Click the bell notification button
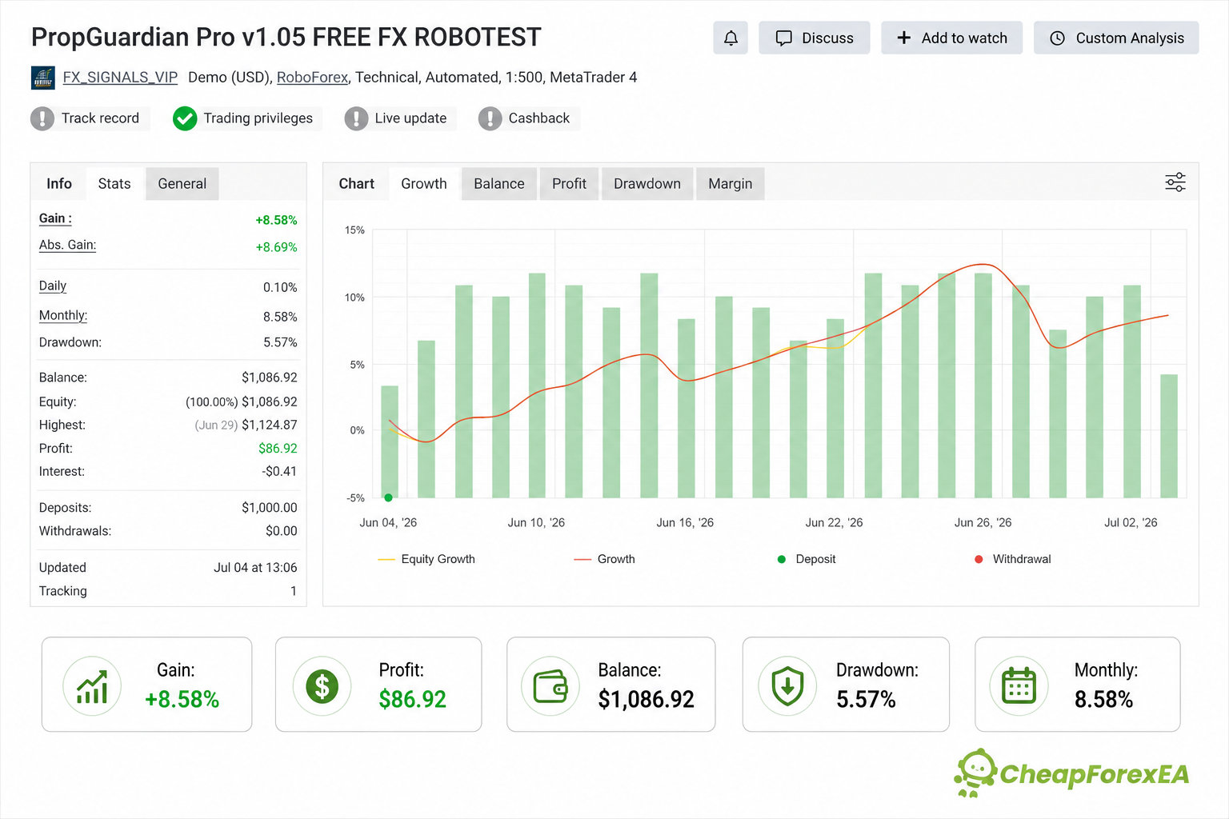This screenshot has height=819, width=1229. click(731, 38)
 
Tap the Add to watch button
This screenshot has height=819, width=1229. click(952, 38)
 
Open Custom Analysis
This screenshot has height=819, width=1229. click(1116, 38)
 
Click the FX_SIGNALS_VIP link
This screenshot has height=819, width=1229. click(120, 78)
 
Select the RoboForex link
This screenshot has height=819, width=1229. click(312, 78)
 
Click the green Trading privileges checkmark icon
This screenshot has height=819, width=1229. click(185, 118)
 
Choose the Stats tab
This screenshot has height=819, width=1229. click(114, 184)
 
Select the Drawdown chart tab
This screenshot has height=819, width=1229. click(647, 184)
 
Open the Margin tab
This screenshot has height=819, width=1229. click(730, 184)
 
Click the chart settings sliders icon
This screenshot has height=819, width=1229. click(1175, 182)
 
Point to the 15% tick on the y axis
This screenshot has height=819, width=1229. click(354, 230)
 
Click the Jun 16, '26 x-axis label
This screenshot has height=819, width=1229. click(685, 522)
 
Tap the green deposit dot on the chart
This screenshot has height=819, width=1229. click(388, 497)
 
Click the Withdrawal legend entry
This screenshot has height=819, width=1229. click(1012, 559)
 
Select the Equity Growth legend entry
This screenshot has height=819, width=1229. click(426, 559)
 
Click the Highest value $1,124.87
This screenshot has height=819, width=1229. click(270, 425)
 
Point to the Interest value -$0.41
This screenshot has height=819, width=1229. click(279, 471)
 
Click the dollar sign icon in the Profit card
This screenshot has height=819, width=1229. click(322, 685)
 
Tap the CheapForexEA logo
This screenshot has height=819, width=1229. click(1071, 773)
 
